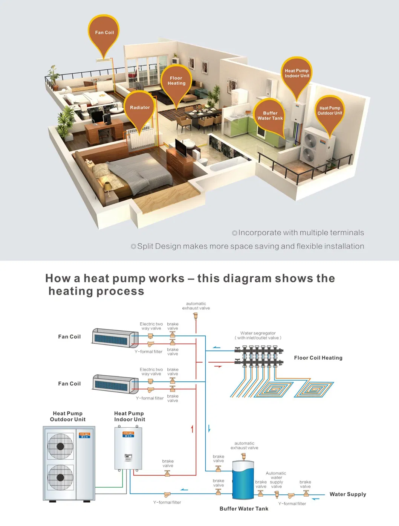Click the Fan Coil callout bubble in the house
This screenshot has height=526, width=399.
[x=104, y=33]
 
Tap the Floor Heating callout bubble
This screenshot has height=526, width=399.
[x=176, y=81]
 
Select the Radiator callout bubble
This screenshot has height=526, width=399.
[x=140, y=108]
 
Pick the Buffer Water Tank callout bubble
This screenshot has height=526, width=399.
[x=270, y=116]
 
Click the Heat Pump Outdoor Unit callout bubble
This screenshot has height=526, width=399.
[x=330, y=111]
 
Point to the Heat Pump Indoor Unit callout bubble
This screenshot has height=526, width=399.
[x=297, y=73]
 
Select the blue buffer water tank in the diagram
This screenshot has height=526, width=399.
[x=243, y=480]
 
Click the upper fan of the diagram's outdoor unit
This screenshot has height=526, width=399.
[x=60, y=447]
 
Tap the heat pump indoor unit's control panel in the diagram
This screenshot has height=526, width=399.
[x=128, y=458]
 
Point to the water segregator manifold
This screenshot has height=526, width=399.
[x=259, y=356]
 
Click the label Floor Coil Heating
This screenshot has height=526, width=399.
[x=318, y=358]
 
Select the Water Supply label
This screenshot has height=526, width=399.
[x=347, y=494]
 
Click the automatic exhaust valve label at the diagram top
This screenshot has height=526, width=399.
[x=196, y=306]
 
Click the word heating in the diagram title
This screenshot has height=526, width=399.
[x=96, y=291]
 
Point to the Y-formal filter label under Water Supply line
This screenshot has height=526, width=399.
[x=292, y=504]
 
